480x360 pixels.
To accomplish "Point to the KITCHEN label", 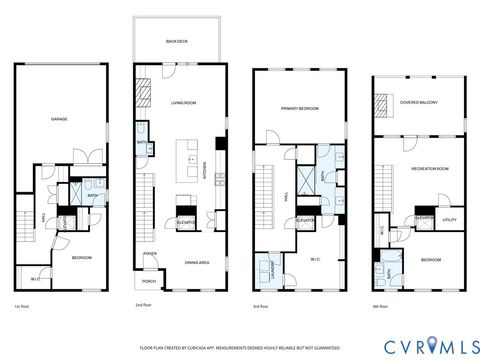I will point(205,173).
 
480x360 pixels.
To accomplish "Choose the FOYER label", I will point(150,254).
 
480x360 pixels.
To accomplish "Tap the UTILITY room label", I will point(450,219).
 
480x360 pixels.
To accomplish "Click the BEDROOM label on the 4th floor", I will point(431,260).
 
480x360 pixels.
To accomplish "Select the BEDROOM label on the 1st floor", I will point(81,258).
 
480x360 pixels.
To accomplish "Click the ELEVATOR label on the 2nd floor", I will point(186,222).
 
